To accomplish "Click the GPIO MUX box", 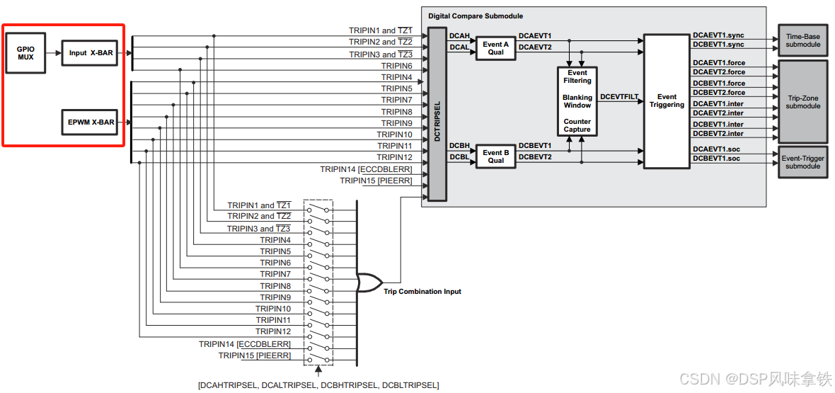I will [x=25, y=53].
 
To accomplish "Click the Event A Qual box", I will [x=495, y=48].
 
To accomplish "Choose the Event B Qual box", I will [x=495, y=156].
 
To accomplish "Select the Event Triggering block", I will [x=667, y=101].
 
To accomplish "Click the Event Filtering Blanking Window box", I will [x=577, y=101].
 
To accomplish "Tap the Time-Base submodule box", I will [x=802, y=40].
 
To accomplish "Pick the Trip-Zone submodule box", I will [x=802, y=101].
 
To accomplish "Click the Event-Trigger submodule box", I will [x=802, y=161].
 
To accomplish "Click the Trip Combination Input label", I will [x=422, y=292].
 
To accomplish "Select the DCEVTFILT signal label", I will [x=619, y=96].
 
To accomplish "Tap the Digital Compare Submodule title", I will [x=476, y=16].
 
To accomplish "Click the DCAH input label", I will [x=459, y=35].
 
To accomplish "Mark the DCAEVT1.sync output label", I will [x=718, y=35].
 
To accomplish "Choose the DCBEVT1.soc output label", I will [x=717, y=159].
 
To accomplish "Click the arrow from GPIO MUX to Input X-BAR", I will [x=53, y=53].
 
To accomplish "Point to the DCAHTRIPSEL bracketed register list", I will [x=318, y=385].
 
